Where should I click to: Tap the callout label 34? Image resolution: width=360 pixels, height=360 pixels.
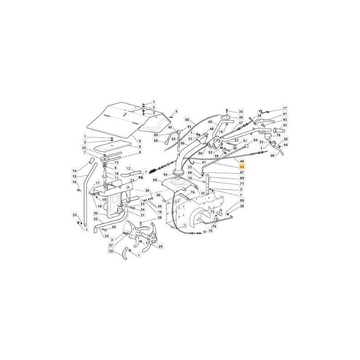241,111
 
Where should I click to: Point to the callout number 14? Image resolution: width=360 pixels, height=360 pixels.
75,171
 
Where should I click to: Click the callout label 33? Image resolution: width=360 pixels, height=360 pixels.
84,148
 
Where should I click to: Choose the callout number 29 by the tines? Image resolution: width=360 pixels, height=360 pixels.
161,246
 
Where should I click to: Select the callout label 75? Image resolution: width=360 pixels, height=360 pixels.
211,231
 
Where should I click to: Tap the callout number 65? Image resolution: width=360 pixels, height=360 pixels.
155,180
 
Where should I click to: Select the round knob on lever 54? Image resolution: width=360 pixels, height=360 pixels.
246,146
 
